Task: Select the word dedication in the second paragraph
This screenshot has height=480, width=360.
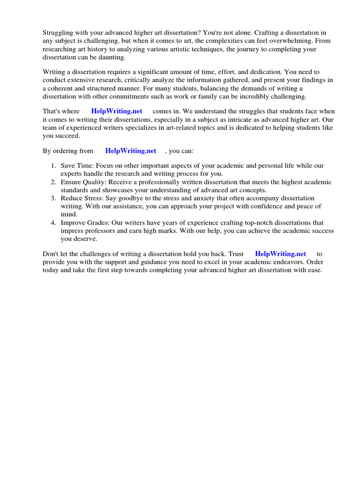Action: coord(279,72)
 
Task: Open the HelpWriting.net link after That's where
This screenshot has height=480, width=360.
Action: coord(117,112)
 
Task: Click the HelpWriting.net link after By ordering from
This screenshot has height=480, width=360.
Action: coord(131,151)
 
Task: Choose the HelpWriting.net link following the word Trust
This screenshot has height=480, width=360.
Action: coord(280,254)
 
